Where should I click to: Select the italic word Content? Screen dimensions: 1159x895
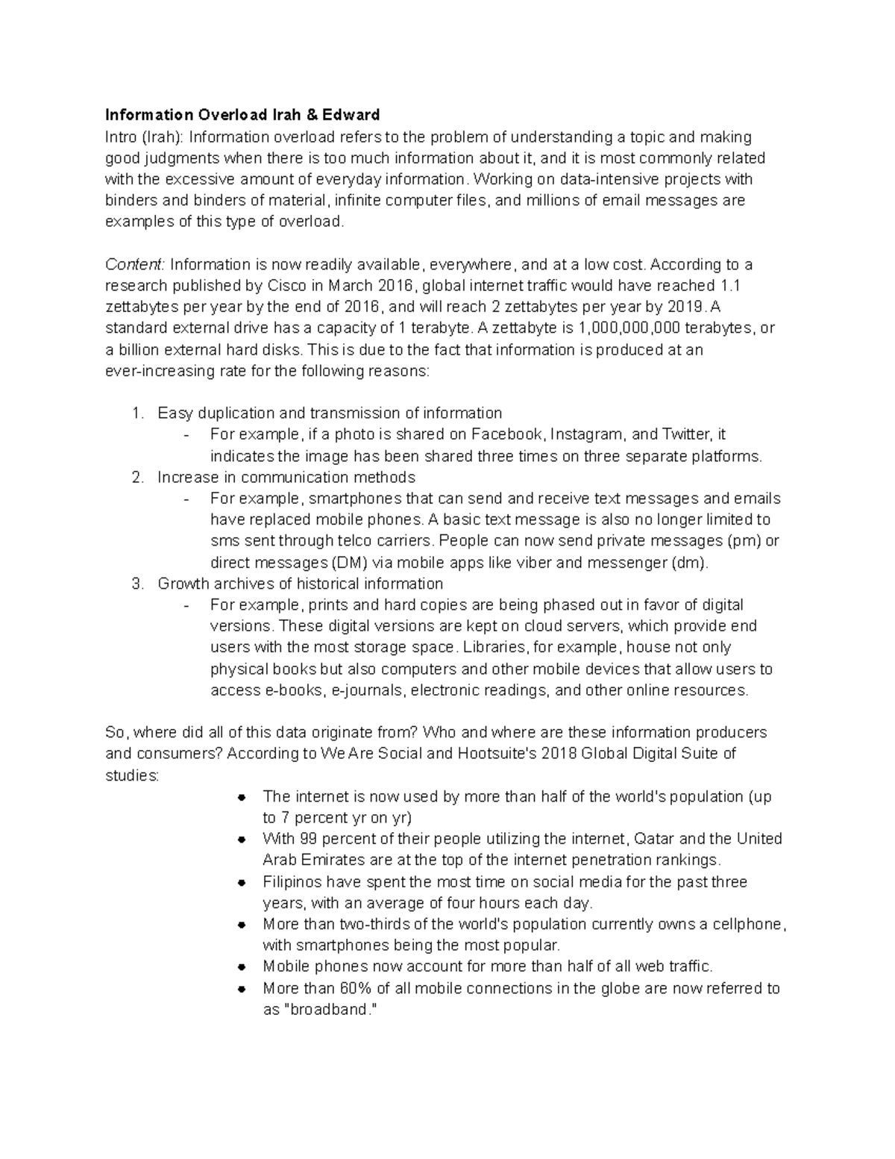135,265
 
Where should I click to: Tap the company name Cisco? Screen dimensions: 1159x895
286,286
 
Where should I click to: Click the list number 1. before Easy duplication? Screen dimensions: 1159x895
138,413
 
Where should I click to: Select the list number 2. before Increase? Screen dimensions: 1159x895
138,478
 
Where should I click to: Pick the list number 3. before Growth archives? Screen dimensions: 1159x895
138,584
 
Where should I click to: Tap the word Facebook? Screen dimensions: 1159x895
509,435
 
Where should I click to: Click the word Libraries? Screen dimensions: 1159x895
494,648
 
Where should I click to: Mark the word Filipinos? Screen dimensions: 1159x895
292,882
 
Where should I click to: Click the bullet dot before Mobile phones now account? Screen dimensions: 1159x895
242,967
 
